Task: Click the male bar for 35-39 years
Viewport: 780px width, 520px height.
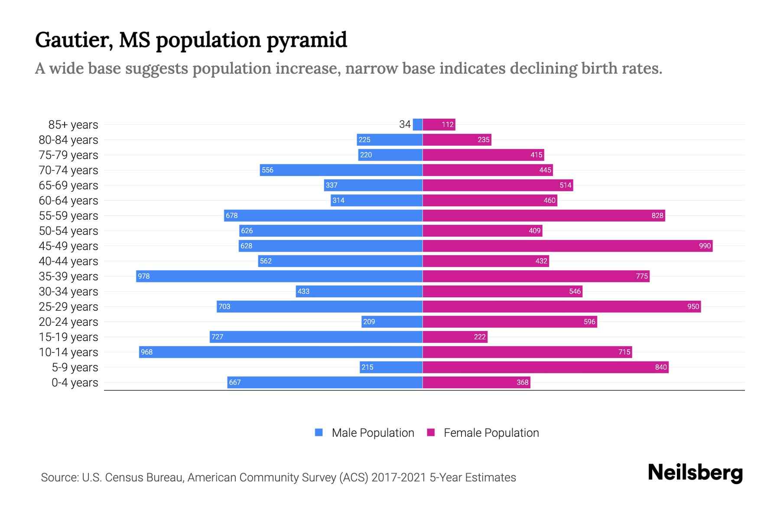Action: point(279,276)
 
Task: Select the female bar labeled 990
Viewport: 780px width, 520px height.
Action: point(567,246)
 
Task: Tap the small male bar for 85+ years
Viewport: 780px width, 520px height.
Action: point(417,124)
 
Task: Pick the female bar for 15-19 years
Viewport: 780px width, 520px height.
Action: point(455,337)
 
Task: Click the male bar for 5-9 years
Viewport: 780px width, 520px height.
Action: point(391,367)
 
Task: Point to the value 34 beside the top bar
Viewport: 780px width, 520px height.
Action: point(405,124)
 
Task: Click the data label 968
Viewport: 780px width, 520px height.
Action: point(147,352)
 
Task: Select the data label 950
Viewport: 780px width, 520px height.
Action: point(693,306)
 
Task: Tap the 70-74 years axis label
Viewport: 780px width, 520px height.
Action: point(68,170)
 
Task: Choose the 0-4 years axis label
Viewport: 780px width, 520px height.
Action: point(75,382)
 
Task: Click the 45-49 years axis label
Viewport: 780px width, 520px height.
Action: point(68,246)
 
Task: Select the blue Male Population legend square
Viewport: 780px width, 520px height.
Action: point(319,432)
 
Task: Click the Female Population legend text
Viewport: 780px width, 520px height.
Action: point(491,432)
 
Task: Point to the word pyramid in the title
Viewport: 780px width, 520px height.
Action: point(306,40)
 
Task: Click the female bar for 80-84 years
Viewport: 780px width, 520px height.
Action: point(457,140)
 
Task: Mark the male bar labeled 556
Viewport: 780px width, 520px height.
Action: point(341,170)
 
